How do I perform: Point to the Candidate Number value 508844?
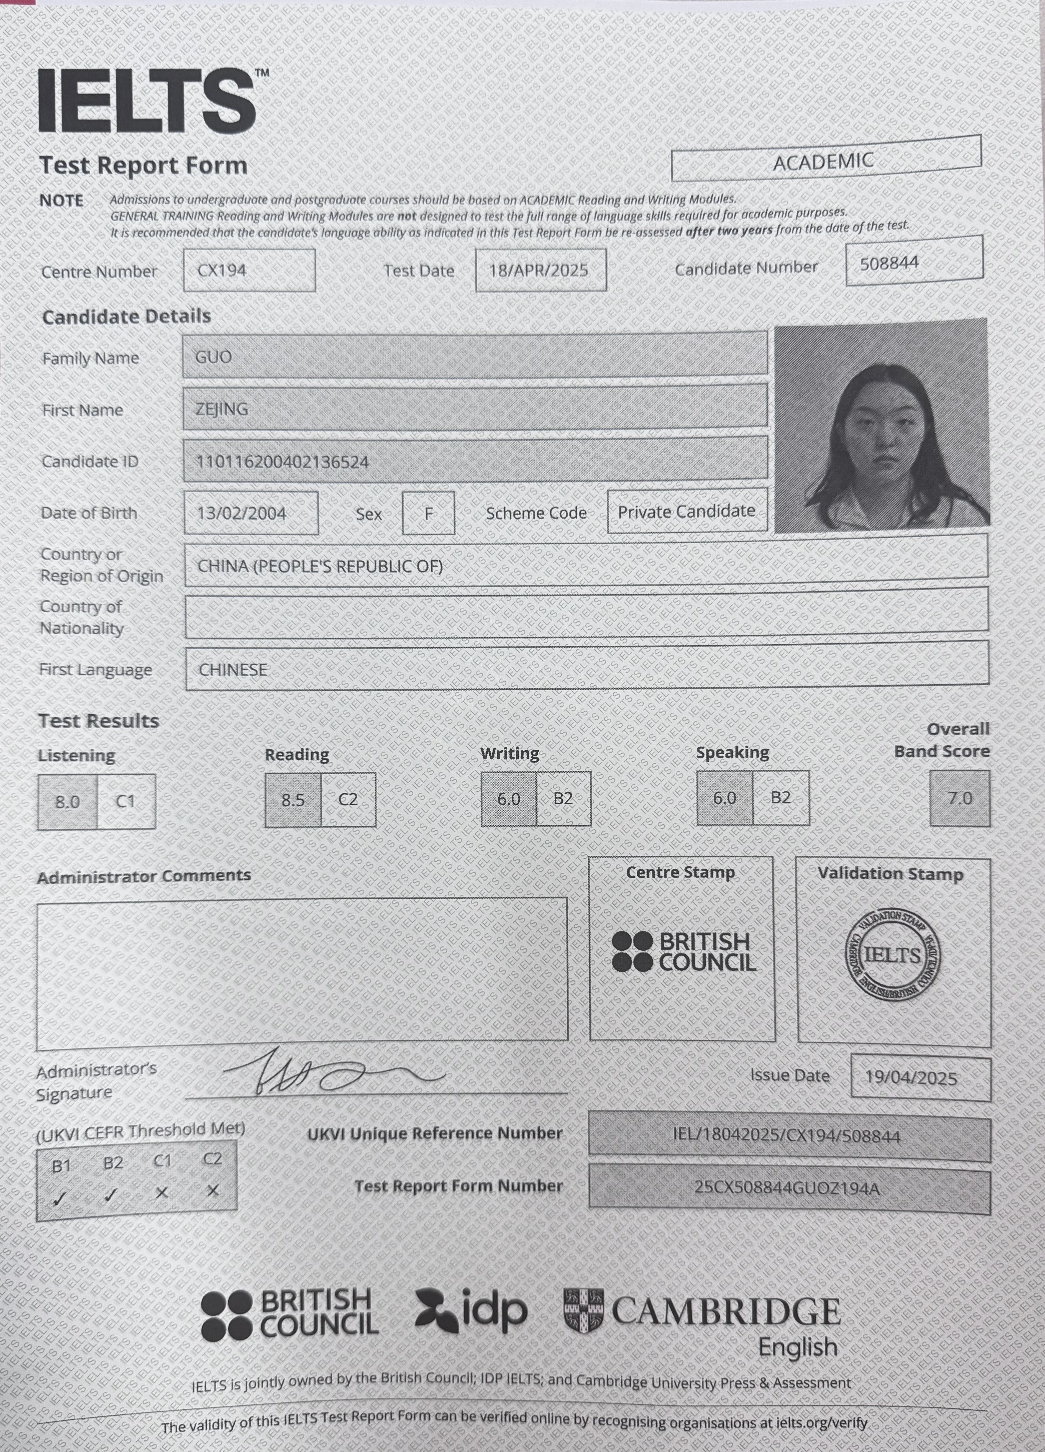pyautogui.click(x=889, y=263)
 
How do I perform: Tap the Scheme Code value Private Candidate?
pyautogui.click(x=687, y=511)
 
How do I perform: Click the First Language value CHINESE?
pyautogui.click(x=233, y=670)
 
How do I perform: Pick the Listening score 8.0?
pyautogui.click(x=67, y=802)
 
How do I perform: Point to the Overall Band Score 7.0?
pyautogui.click(x=960, y=798)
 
